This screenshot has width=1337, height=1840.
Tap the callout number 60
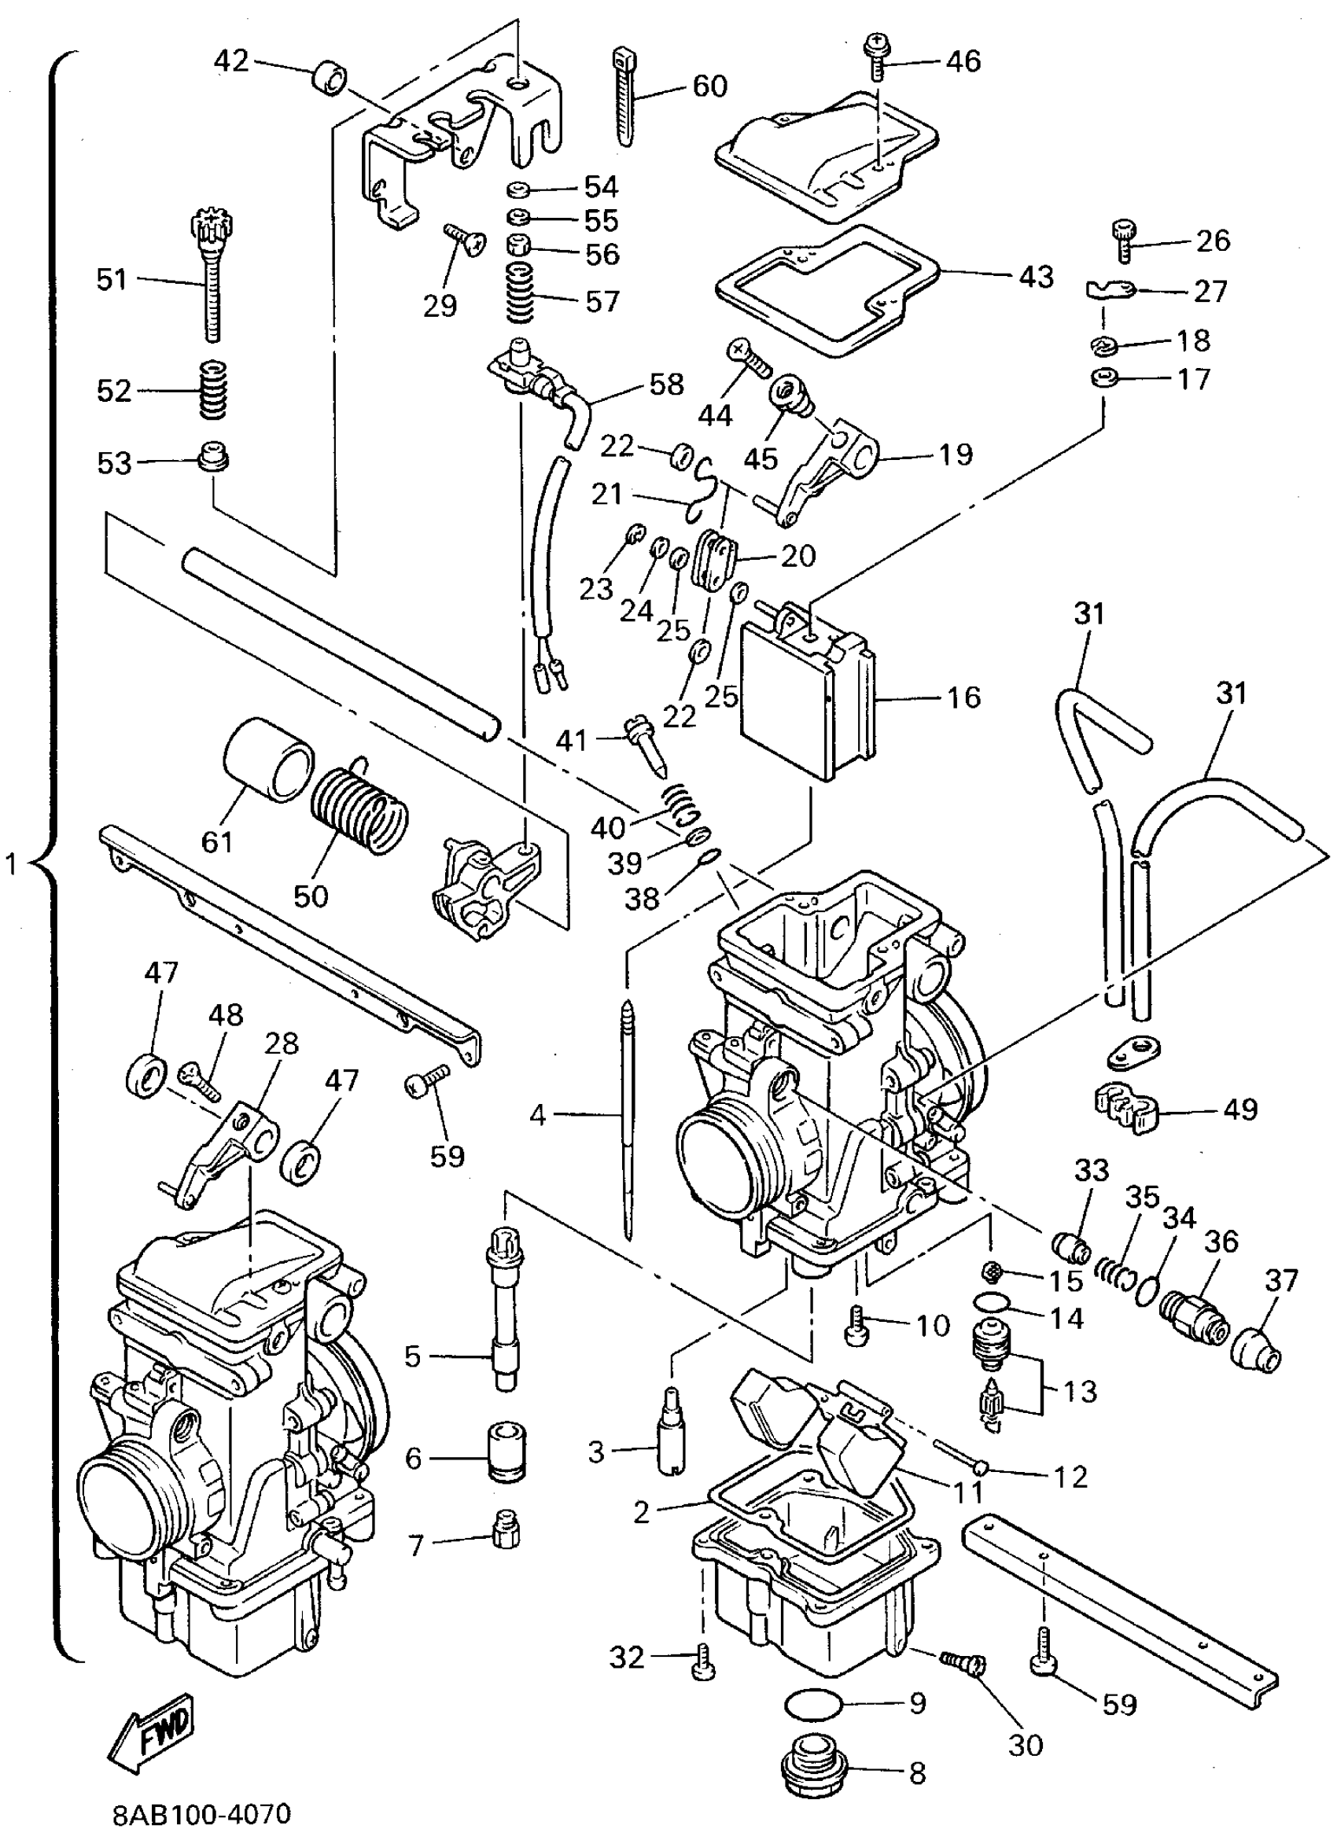[710, 86]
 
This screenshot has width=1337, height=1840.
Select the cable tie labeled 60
[624, 98]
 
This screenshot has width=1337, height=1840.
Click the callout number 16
[963, 697]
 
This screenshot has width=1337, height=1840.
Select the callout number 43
[1036, 277]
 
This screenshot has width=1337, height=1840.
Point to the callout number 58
[666, 384]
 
